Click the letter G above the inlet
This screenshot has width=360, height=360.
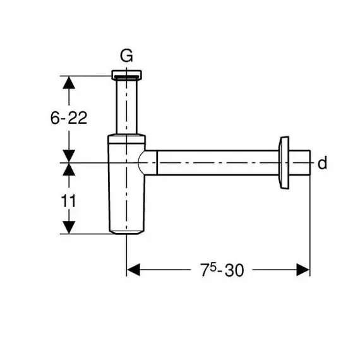click(x=126, y=56)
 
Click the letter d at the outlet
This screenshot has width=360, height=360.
click(x=322, y=163)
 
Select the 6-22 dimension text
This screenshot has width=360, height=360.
click(x=69, y=118)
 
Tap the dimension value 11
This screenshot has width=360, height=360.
click(x=68, y=201)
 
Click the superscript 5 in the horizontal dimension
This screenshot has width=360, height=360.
click(x=213, y=267)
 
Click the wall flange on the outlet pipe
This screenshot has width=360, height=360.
click(x=284, y=163)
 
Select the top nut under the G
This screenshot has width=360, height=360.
click(x=127, y=75)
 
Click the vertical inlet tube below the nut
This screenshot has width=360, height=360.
click(x=127, y=106)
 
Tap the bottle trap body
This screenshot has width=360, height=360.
click(x=127, y=186)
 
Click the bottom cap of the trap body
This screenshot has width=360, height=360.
click(x=127, y=232)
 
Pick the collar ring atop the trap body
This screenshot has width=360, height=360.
click(x=127, y=139)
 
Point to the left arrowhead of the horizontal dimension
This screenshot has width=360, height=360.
click(x=133, y=270)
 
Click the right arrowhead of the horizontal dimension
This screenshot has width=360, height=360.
click(x=303, y=270)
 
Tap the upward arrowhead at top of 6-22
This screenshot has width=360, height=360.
click(x=69, y=83)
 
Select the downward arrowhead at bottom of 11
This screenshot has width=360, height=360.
click(x=69, y=227)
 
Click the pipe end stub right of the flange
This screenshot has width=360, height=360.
click(x=299, y=163)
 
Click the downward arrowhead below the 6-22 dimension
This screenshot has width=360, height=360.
click(x=69, y=156)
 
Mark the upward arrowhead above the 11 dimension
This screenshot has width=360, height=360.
click(x=69, y=169)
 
